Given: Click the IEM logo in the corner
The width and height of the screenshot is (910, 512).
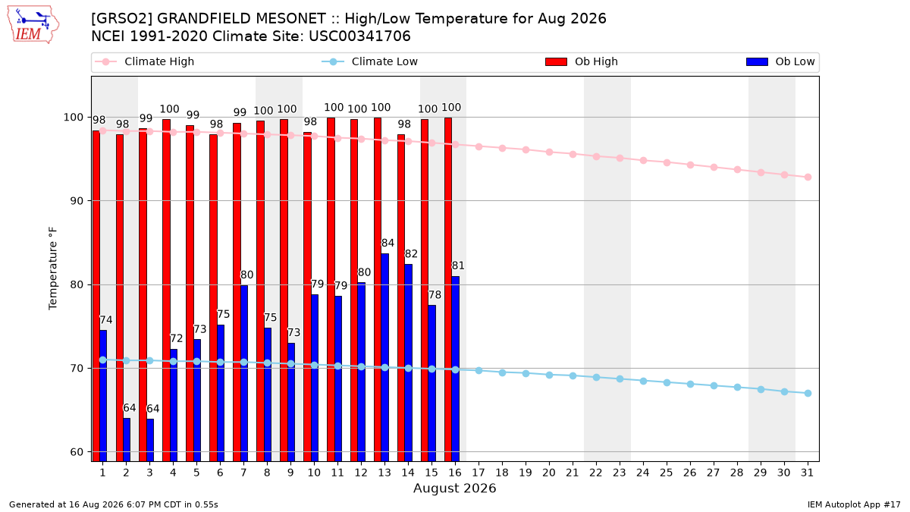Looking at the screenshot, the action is click(33, 25).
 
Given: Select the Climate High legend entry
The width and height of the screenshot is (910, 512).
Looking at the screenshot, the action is click(144, 61).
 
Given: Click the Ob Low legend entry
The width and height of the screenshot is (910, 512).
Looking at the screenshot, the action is click(780, 61).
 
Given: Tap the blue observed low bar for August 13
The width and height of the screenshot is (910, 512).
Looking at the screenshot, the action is click(384, 357).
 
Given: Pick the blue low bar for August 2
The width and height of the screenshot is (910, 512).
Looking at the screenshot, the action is click(127, 440).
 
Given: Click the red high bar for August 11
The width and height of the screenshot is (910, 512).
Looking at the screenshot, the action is click(331, 290).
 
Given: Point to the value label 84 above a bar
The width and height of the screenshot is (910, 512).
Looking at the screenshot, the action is click(388, 243).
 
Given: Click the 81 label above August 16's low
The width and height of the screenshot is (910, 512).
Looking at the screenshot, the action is click(458, 265).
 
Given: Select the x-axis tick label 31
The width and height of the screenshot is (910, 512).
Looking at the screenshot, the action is click(807, 473).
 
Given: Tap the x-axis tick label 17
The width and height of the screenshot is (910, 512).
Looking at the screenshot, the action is click(479, 473).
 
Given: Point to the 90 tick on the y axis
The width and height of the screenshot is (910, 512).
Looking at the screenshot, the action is click(77, 201).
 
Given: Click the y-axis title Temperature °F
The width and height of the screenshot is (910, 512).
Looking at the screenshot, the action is click(53, 269).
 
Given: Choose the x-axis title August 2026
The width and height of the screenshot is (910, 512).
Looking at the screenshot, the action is click(454, 488).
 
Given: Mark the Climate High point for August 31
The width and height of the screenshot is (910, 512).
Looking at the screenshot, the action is click(808, 177).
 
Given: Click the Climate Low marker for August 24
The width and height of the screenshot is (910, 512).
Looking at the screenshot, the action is click(643, 381).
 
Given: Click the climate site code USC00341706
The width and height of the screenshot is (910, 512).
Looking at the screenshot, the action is click(359, 36).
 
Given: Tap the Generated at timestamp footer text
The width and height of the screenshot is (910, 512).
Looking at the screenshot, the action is click(113, 504).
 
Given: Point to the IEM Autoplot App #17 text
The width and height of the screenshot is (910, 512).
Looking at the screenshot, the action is click(854, 504).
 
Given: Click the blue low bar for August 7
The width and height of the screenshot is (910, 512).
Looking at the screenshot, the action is click(243, 373).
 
